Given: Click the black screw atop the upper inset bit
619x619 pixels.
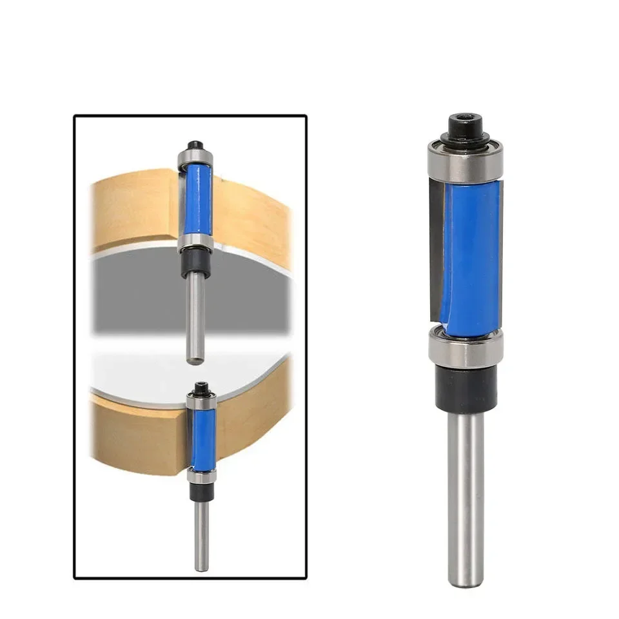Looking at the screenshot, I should click(x=195, y=145).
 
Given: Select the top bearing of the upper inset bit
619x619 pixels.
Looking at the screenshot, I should click(x=195, y=157).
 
